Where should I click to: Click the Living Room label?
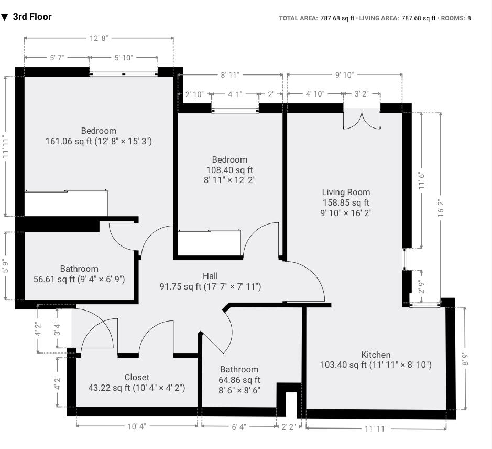click(346, 193)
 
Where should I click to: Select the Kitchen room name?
click(376, 355)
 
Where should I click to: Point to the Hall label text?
click(210, 276)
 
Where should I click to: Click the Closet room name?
click(137, 377)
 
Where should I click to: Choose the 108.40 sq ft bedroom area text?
click(229, 170)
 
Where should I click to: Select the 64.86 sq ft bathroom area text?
click(239, 380)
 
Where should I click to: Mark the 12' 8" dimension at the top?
click(99, 38)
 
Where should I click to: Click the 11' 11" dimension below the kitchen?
click(376, 429)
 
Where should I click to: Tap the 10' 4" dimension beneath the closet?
click(137, 426)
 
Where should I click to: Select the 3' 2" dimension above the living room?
click(362, 94)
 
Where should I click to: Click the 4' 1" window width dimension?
click(235, 94)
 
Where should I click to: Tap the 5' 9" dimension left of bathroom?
click(6, 266)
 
